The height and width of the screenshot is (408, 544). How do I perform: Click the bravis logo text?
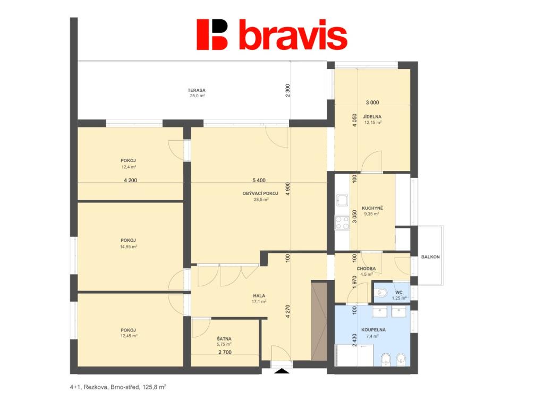293,35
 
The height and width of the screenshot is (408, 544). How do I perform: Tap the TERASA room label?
197,90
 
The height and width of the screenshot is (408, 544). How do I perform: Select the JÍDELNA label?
372,117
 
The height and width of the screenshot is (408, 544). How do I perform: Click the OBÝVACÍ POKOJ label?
260,193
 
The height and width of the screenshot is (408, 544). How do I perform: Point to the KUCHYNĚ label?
372,208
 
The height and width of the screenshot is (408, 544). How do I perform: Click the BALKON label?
430,257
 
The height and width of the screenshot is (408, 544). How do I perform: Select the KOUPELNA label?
373,330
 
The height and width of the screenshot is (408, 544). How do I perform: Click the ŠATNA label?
224,339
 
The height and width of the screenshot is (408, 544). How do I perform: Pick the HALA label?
259,296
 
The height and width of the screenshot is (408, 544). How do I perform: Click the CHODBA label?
366,268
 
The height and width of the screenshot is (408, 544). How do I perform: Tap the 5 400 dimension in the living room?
259,181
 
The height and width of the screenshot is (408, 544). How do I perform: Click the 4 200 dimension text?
131,181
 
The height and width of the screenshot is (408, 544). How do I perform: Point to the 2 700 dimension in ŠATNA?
225,353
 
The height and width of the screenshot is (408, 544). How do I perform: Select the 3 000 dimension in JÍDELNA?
372,103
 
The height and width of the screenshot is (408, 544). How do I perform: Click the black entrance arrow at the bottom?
282,371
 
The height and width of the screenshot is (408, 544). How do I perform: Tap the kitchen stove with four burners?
342,223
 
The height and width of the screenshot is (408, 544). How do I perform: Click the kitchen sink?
342,200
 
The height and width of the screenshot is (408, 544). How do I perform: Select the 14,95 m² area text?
129,246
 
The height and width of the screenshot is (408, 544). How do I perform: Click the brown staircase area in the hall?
319,321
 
